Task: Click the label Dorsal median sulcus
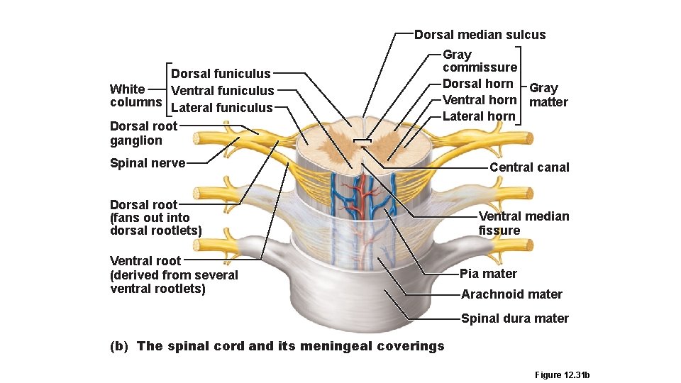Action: [480, 35]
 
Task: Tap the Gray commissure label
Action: [480, 61]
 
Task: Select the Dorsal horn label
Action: [477, 84]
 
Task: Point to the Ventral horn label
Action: [479, 100]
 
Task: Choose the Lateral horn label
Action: [479, 116]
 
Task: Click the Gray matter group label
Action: [548, 95]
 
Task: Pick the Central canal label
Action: [529, 167]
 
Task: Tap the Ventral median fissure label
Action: [524, 223]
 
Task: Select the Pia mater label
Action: [488, 274]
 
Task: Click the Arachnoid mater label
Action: [511, 294]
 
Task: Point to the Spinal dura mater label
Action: [514, 318]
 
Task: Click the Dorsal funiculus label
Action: [221, 74]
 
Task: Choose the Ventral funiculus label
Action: [222, 91]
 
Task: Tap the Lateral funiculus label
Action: [221, 108]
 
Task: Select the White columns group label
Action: [135, 96]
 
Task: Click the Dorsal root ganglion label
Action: [143, 133]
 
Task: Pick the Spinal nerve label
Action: [148, 164]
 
